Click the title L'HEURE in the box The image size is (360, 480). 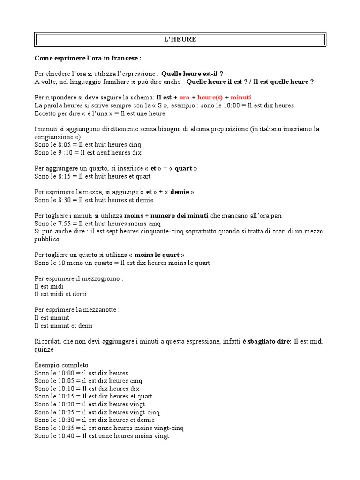pyautogui.click(x=180, y=40)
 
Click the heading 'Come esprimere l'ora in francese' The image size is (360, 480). pyautogui.click(x=88, y=58)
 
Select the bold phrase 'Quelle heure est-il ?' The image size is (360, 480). pyautogui.click(x=192, y=74)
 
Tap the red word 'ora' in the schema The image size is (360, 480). pyautogui.click(x=184, y=97)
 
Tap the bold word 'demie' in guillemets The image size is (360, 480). pyautogui.click(x=180, y=192)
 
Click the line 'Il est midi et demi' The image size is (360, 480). pyautogui.click(x=60, y=294)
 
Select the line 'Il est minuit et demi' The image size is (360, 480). pyautogui.click(x=64, y=326)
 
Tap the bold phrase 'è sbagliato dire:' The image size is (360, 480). pyautogui.click(x=267, y=342)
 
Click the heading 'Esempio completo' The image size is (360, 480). pyautogui.click(x=61, y=365)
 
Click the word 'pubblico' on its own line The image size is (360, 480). pyautogui.click(x=47, y=240)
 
